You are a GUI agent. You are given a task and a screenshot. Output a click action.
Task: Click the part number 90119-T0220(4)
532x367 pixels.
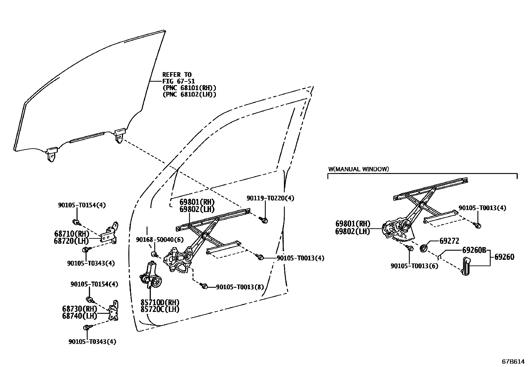(x=270, y=198)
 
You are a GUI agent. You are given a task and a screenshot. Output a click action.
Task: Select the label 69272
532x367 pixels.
(x=449, y=241)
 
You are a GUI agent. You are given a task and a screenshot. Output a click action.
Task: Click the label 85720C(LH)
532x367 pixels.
(x=160, y=310)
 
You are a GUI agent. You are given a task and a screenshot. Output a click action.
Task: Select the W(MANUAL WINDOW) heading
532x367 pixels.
(x=358, y=169)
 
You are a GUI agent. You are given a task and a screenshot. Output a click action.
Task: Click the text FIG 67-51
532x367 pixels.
(x=178, y=81)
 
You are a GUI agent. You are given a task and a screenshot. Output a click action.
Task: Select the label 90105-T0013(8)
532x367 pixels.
(x=240, y=287)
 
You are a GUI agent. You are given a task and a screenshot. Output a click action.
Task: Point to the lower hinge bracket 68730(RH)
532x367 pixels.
(x=114, y=311)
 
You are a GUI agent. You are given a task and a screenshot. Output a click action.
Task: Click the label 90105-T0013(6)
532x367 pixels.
(x=414, y=266)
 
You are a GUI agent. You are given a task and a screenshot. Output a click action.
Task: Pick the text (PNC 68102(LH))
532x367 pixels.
(x=189, y=95)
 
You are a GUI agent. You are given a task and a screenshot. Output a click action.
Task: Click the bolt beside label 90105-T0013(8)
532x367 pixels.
(x=205, y=286)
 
